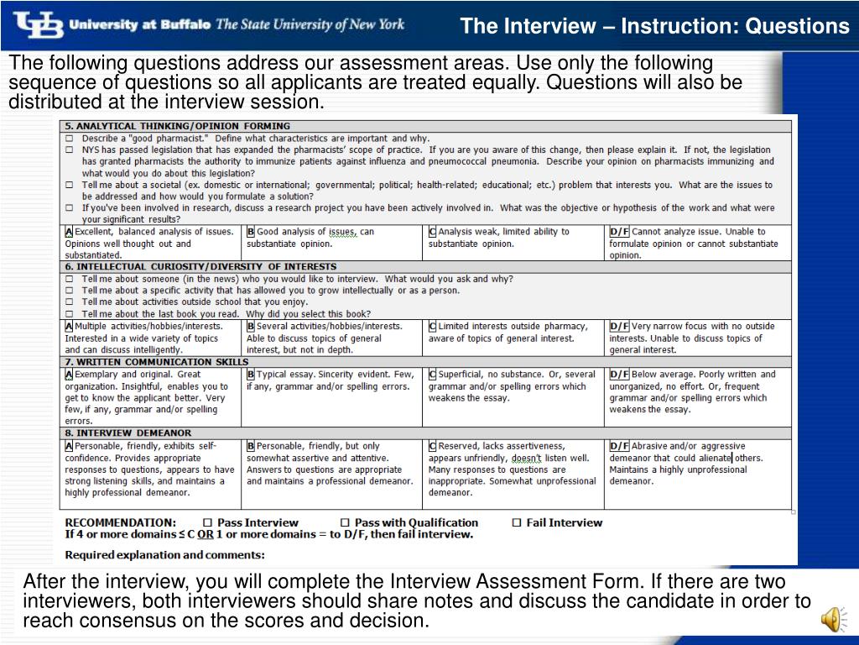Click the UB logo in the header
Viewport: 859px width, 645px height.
click(38, 24)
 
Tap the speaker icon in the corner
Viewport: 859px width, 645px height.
click(830, 620)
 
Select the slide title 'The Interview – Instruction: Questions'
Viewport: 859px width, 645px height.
click(654, 27)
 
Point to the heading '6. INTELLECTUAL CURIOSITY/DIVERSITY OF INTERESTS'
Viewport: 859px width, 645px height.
click(200, 266)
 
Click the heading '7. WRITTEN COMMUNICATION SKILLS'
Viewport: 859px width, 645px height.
click(157, 362)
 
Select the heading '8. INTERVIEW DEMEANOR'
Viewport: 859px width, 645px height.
click(128, 433)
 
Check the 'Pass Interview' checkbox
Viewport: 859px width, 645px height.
click(207, 522)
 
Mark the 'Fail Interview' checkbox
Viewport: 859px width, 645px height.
click(517, 522)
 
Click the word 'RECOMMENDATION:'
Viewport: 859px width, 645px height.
click(121, 522)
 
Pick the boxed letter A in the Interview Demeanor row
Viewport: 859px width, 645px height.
click(69, 446)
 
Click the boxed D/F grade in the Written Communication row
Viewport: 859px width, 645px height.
click(619, 375)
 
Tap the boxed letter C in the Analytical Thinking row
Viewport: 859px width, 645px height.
click(432, 232)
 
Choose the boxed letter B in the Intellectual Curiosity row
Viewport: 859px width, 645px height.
click(250, 327)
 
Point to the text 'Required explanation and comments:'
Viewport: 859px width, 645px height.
click(164, 554)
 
